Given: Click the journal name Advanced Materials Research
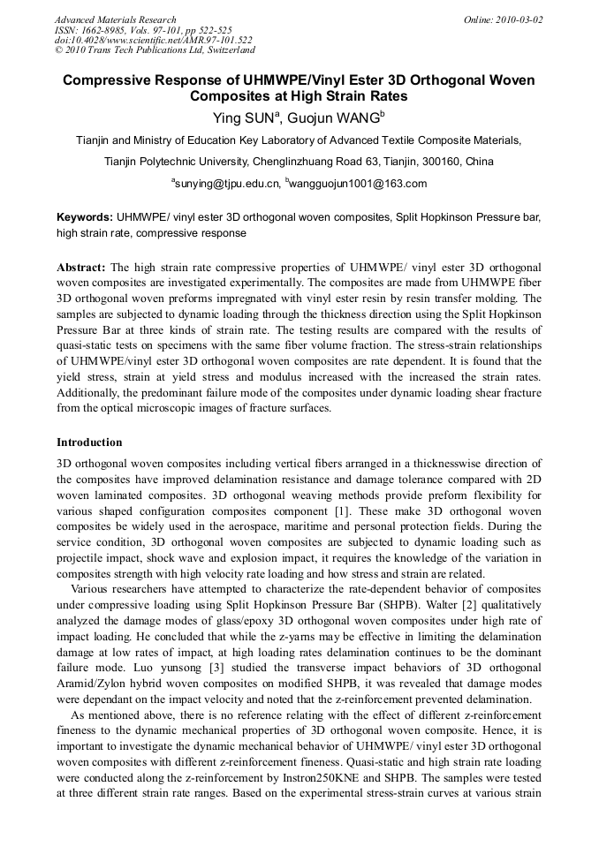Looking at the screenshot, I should pos(115,19).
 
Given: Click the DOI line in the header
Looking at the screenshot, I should pos(153,41).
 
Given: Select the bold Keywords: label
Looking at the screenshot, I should pos(85,216).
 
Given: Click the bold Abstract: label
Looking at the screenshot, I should pos(81,267).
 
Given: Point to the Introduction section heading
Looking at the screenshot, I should pos(89,442).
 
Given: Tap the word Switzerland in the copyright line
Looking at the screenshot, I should pos(224,50).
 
